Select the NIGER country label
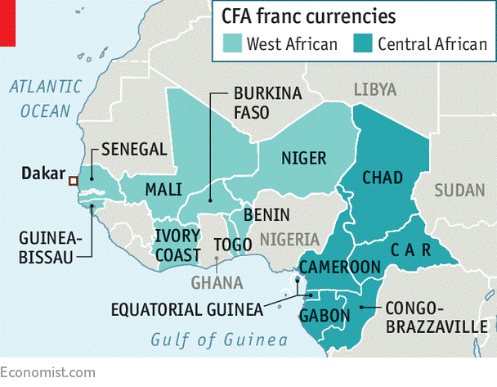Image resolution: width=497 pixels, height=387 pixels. coord(303,158)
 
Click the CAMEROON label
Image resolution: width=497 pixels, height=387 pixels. coord(340,268)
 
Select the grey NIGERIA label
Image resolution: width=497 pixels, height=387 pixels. coord(289,240)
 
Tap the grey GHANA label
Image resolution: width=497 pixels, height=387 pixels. coord(217,282)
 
